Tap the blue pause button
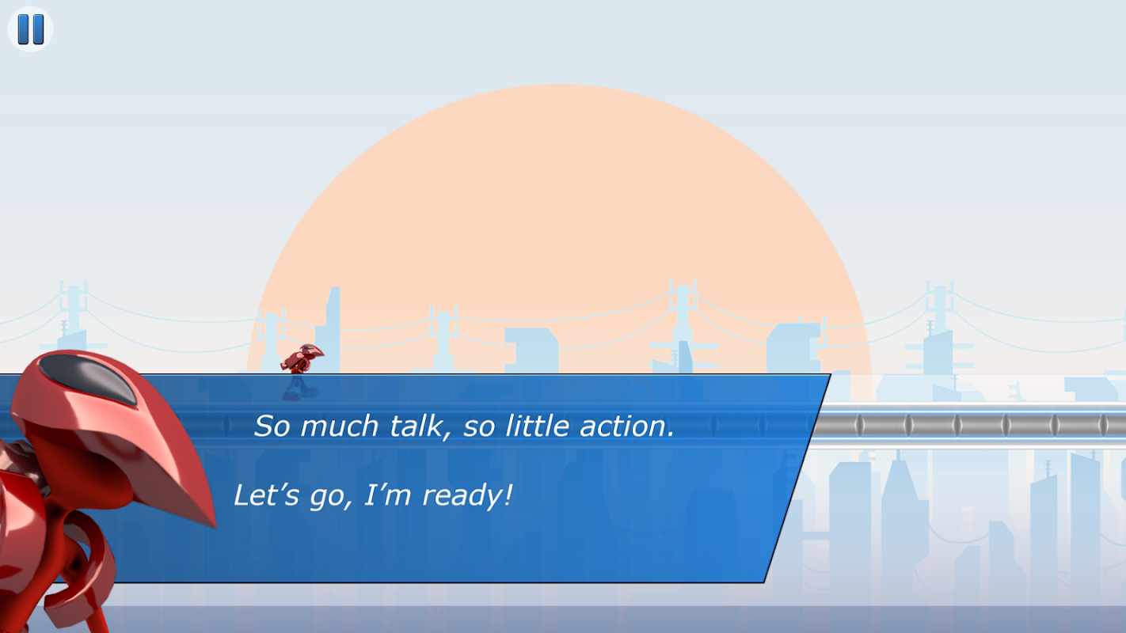click(x=30, y=29)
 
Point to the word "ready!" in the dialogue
click(x=467, y=495)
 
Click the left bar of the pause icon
click(x=23, y=29)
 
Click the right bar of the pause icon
click(x=39, y=29)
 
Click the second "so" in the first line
click(x=478, y=427)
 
